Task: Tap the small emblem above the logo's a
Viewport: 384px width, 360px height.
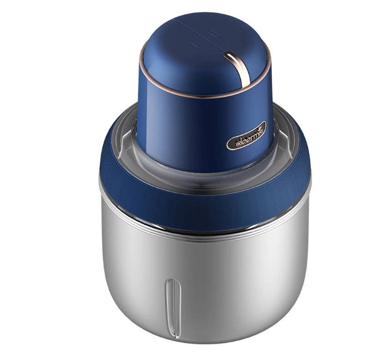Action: (x=260, y=127)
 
